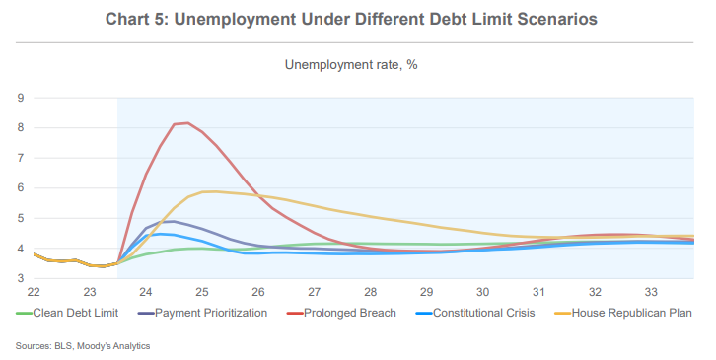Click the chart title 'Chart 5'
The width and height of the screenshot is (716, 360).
coord(357,21)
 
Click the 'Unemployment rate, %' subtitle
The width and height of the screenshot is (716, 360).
coord(356,65)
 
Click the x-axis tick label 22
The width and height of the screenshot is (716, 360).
coord(34,293)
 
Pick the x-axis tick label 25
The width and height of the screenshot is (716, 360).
coord(201,293)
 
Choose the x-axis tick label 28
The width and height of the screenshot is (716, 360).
coord(370,293)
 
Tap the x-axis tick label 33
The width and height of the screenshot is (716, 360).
coord(651,293)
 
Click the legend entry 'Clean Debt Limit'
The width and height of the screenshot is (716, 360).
coord(75,314)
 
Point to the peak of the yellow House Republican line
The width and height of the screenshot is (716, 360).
coord(209,191)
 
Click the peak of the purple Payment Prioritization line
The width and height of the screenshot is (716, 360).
coord(169,221)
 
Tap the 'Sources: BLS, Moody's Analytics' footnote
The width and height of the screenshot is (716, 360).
coord(83,346)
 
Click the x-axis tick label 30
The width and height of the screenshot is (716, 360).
coord(482,293)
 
